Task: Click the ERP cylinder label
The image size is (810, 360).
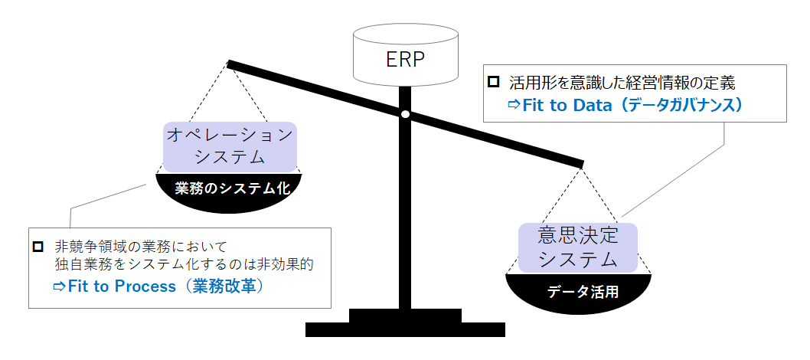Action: click(x=406, y=59)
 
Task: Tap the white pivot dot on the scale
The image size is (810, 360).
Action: click(x=405, y=115)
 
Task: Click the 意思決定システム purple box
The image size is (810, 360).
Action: click(x=577, y=247)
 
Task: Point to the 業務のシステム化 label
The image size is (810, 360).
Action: click(x=229, y=188)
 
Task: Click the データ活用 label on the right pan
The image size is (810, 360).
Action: click(x=578, y=292)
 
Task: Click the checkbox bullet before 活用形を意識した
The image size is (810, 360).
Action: click(x=495, y=80)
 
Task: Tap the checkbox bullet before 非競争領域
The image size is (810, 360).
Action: click(x=38, y=247)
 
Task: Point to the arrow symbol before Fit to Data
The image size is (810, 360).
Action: click(x=514, y=105)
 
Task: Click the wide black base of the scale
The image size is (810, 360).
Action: click(x=405, y=329)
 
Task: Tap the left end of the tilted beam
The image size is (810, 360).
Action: click(x=230, y=64)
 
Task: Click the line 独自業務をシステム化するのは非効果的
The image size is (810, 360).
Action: click(x=185, y=265)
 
